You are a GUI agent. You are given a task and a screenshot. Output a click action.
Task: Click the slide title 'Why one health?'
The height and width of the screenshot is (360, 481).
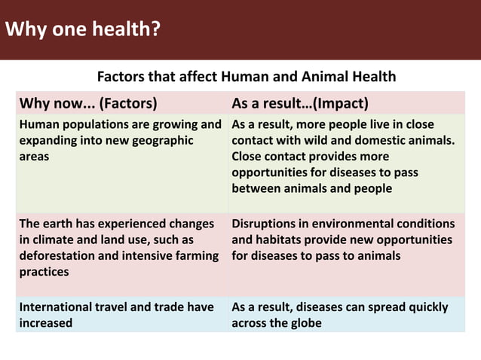pos(82,29)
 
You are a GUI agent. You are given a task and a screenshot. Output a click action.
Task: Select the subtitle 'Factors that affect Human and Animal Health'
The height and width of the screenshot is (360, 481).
pos(247,77)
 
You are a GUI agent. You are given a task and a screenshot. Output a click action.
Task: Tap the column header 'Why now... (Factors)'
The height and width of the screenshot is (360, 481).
pos(88,102)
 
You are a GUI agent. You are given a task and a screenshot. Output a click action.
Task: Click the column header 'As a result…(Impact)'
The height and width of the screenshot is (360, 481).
pos(299,102)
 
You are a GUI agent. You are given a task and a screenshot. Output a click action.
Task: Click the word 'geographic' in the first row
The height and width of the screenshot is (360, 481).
pos(165,140)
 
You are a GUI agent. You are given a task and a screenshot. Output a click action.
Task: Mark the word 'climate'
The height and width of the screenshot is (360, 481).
pos(52,239)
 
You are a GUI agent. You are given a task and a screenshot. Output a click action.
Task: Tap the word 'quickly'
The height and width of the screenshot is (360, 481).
pos(426,307)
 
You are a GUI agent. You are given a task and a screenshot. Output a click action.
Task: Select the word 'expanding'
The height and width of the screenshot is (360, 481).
pos(46,140)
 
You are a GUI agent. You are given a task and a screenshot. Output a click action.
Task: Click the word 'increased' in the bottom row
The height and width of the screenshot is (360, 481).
pos(46,323)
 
